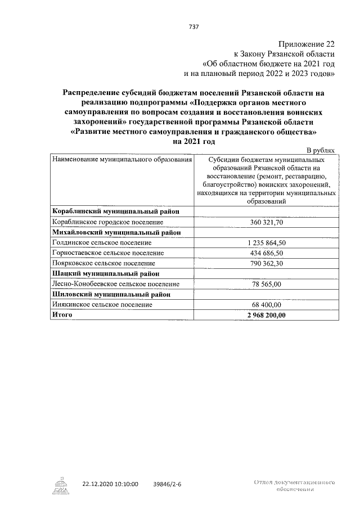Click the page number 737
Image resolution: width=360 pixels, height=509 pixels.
click(195, 26)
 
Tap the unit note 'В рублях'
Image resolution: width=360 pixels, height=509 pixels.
click(322, 150)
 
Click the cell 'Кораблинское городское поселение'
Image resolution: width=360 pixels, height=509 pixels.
click(107, 222)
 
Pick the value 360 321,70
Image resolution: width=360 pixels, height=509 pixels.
click(267, 222)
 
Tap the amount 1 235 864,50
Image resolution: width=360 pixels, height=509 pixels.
click(267, 242)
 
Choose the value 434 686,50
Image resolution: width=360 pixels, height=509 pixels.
click(267, 253)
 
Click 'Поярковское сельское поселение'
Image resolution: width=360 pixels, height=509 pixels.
click(103, 263)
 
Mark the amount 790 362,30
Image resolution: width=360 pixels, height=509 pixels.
click(267, 263)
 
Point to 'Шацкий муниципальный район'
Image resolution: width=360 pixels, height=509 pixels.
click(105, 273)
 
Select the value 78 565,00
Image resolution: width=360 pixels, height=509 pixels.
click(267, 284)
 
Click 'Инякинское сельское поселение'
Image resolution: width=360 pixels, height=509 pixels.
click(102, 304)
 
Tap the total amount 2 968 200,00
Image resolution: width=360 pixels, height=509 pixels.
click(267, 315)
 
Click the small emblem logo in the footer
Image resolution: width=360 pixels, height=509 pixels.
click(60, 485)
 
